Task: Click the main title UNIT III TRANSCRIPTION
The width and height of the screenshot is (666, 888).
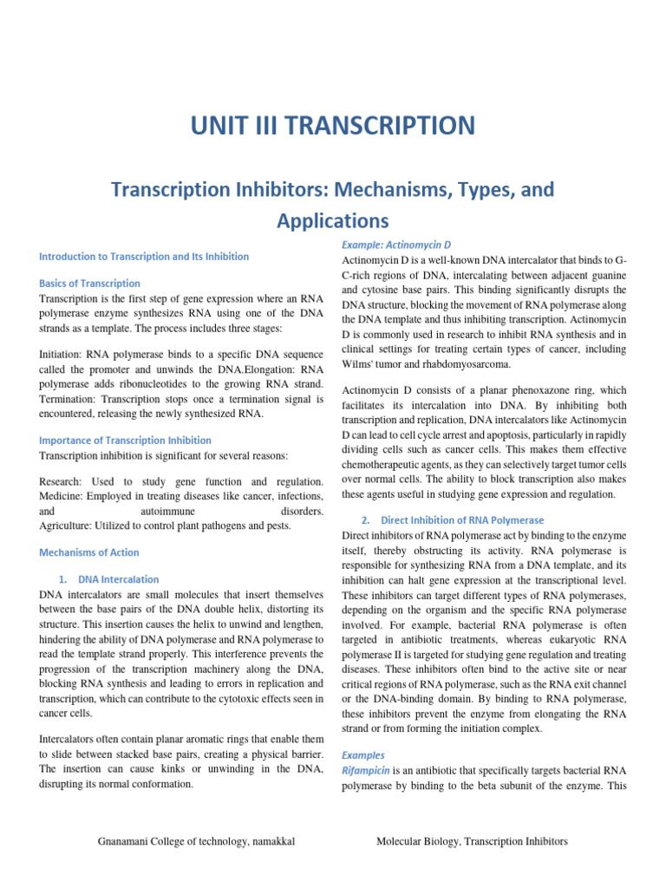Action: (333, 126)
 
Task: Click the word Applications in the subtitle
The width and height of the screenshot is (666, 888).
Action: (333, 220)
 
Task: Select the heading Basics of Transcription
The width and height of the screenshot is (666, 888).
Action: (90, 284)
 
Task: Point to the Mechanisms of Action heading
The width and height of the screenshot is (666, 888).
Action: (89, 552)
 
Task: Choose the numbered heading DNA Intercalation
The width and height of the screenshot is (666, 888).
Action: (118, 578)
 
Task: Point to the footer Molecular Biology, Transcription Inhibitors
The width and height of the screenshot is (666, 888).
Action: (473, 841)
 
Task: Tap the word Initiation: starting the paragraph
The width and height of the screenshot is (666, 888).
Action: (65, 354)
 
